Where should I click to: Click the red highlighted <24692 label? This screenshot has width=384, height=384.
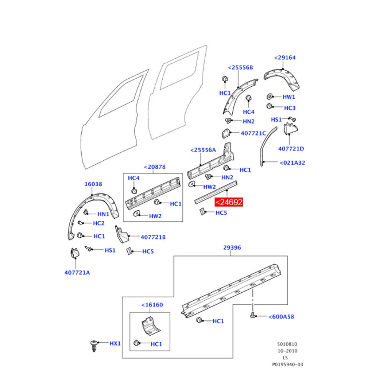point(229,202)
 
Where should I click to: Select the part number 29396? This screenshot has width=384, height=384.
point(232,247)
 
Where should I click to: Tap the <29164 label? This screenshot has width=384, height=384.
point(285,58)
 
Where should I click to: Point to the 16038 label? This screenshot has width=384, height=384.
point(93,184)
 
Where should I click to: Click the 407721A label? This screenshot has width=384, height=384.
point(77,273)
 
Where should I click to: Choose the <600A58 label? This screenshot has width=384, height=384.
point(281,316)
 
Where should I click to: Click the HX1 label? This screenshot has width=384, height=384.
point(115,344)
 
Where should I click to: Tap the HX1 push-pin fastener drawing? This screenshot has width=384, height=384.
point(94,346)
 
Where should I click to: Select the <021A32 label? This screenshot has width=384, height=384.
point(292,163)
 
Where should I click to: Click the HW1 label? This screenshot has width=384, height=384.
point(289,97)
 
